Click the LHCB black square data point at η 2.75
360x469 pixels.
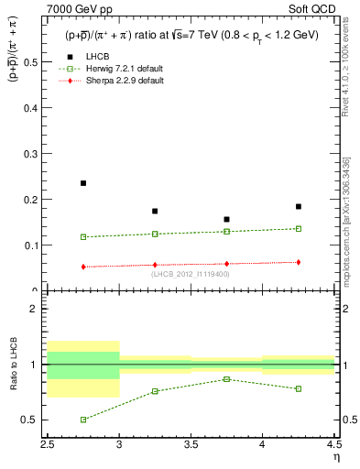tap(83, 183)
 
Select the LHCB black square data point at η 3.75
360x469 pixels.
tap(226, 220)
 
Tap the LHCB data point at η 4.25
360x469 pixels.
tap(299, 207)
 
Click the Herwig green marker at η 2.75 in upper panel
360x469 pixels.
tap(83, 237)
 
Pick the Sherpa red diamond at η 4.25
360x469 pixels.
tap(299, 262)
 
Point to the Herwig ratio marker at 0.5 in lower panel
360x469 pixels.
tap(83, 420)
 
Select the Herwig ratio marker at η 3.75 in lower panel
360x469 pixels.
tap(226, 379)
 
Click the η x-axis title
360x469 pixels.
tap(335, 457)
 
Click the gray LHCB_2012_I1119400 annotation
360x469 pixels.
tap(190, 274)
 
